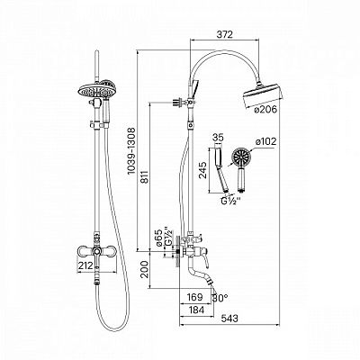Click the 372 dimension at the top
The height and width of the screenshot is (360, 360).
pos(224,34)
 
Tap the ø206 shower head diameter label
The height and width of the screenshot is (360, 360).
pos(265,110)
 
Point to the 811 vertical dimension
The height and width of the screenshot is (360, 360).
pos(144,179)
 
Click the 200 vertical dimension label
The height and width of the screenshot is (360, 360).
pos(145,269)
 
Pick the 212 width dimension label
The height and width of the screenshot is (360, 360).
pos(86,265)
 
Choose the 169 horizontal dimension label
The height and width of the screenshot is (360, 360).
pos(194,297)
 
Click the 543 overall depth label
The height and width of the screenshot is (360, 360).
pos(229,319)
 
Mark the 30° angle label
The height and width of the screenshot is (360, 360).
pos(220,298)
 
